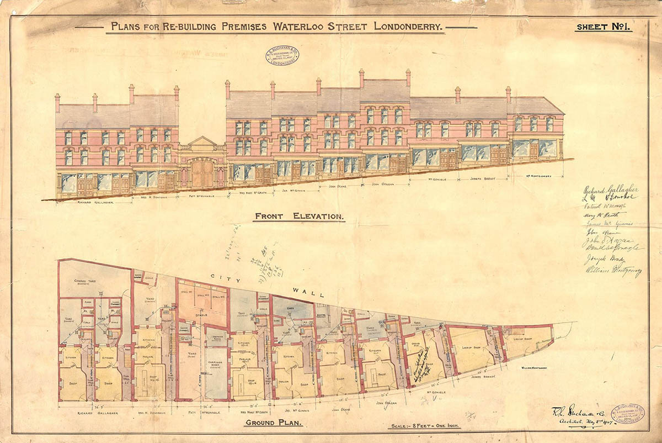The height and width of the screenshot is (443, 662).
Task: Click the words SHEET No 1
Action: point(603,27)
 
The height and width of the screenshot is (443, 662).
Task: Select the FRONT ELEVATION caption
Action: point(299,217)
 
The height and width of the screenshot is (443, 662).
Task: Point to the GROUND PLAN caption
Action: point(271,424)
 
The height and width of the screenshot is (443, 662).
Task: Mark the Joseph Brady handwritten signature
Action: point(603,259)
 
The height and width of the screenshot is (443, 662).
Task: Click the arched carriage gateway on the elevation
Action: point(202,173)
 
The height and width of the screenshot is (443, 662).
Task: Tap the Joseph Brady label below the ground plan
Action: point(482,379)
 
